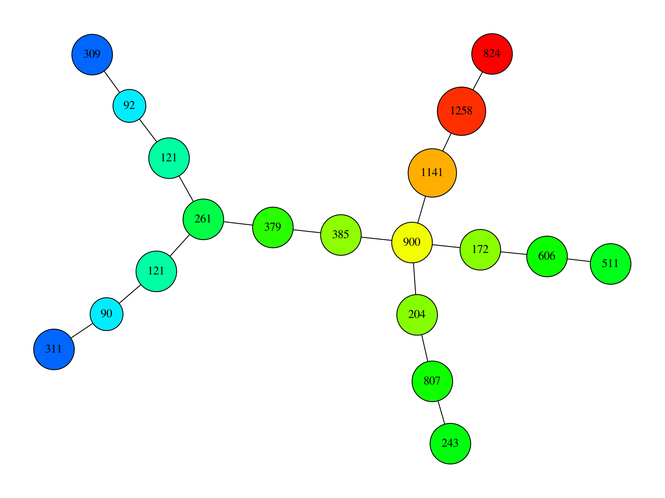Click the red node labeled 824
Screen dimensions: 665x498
[x=492, y=54]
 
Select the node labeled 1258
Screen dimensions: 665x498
[x=461, y=111]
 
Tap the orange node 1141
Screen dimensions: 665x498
[x=432, y=173]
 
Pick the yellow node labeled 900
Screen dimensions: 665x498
[x=412, y=242]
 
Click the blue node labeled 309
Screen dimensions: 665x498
[x=92, y=54]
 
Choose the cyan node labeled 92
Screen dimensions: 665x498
[x=129, y=106]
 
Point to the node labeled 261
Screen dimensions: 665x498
[x=203, y=219]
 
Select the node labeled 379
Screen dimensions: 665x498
[x=273, y=227]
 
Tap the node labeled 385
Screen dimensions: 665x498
[x=341, y=235]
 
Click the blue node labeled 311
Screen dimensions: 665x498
[x=54, y=349]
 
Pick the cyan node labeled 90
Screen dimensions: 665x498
[x=106, y=314]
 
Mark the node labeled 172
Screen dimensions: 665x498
[x=480, y=250]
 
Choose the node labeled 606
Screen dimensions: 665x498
[x=547, y=256]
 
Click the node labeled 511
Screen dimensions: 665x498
[x=610, y=264]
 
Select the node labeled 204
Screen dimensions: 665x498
[x=417, y=315]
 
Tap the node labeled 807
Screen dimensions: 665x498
[x=432, y=381]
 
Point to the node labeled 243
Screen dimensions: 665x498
[x=450, y=443]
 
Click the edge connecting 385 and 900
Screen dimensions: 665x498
[x=376, y=239]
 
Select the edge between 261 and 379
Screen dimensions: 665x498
[x=238, y=223]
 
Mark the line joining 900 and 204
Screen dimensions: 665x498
[x=414, y=278]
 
